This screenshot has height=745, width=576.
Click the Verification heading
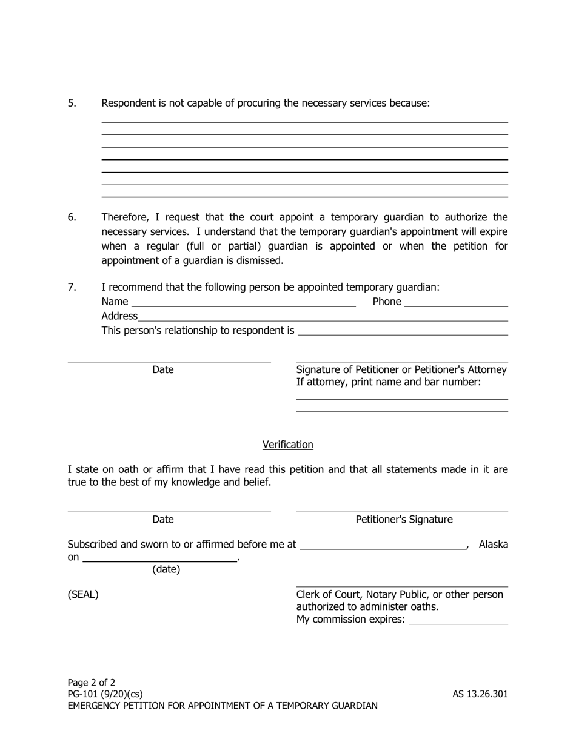pos(287,445)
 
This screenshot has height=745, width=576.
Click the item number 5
pos(72,103)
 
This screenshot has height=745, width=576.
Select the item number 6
pos(72,217)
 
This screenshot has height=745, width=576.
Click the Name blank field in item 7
pos(243,302)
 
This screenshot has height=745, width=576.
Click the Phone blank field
pos(455,302)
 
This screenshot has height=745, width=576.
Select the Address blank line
pos(323,316)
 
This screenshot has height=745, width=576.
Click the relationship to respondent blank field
pos(403,331)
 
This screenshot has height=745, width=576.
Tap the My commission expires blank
pos(458,620)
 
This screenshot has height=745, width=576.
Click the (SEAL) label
pos(83,595)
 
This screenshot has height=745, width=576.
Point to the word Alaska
pos(493,545)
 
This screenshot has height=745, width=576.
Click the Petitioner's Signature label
pos(404,520)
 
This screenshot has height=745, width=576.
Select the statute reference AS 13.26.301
pos(480,694)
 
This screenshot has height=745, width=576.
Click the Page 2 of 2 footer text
pos(92,683)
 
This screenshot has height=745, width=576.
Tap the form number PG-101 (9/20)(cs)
pos(105,694)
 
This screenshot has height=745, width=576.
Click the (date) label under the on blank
pos(166,569)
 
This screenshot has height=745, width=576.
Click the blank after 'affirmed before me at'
pos(383,545)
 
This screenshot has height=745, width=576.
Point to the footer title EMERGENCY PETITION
pos(223,706)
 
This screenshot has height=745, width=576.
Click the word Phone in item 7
pos(387,302)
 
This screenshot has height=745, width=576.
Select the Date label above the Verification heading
pos(162,369)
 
